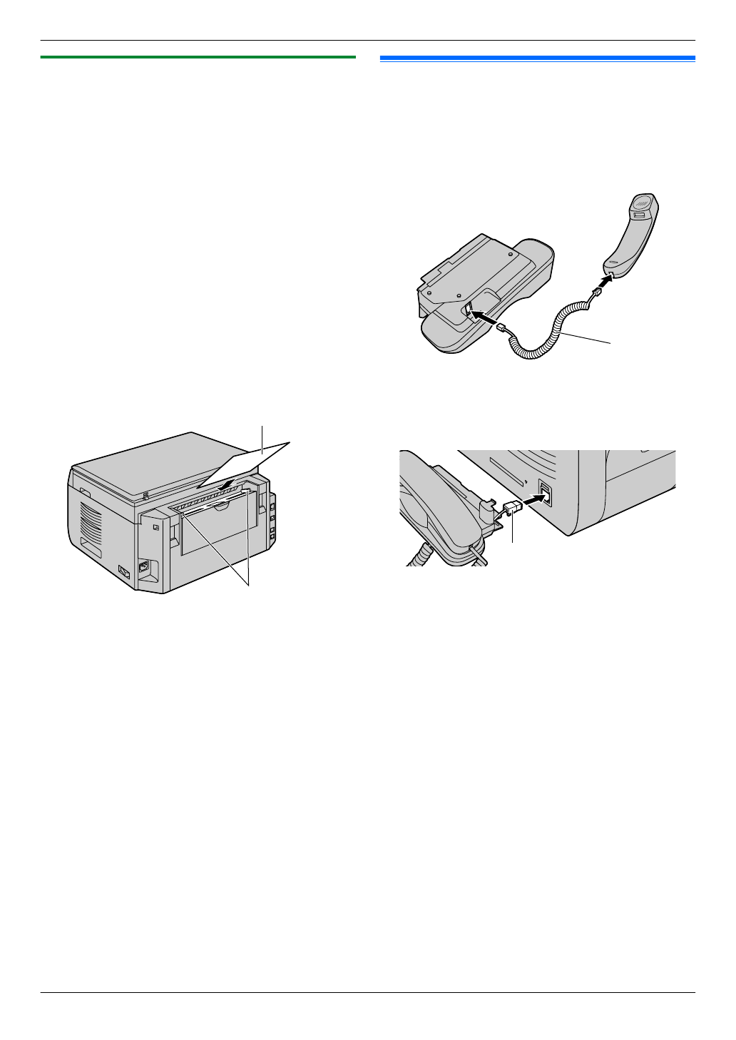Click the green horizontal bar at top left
(x=198, y=57)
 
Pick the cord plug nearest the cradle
(x=502, y=327)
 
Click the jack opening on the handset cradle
(x=468, y=309)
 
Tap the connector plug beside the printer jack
(x=513, y=509)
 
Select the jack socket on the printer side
(x=545, y=493)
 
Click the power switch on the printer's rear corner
(x=123, y=571)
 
